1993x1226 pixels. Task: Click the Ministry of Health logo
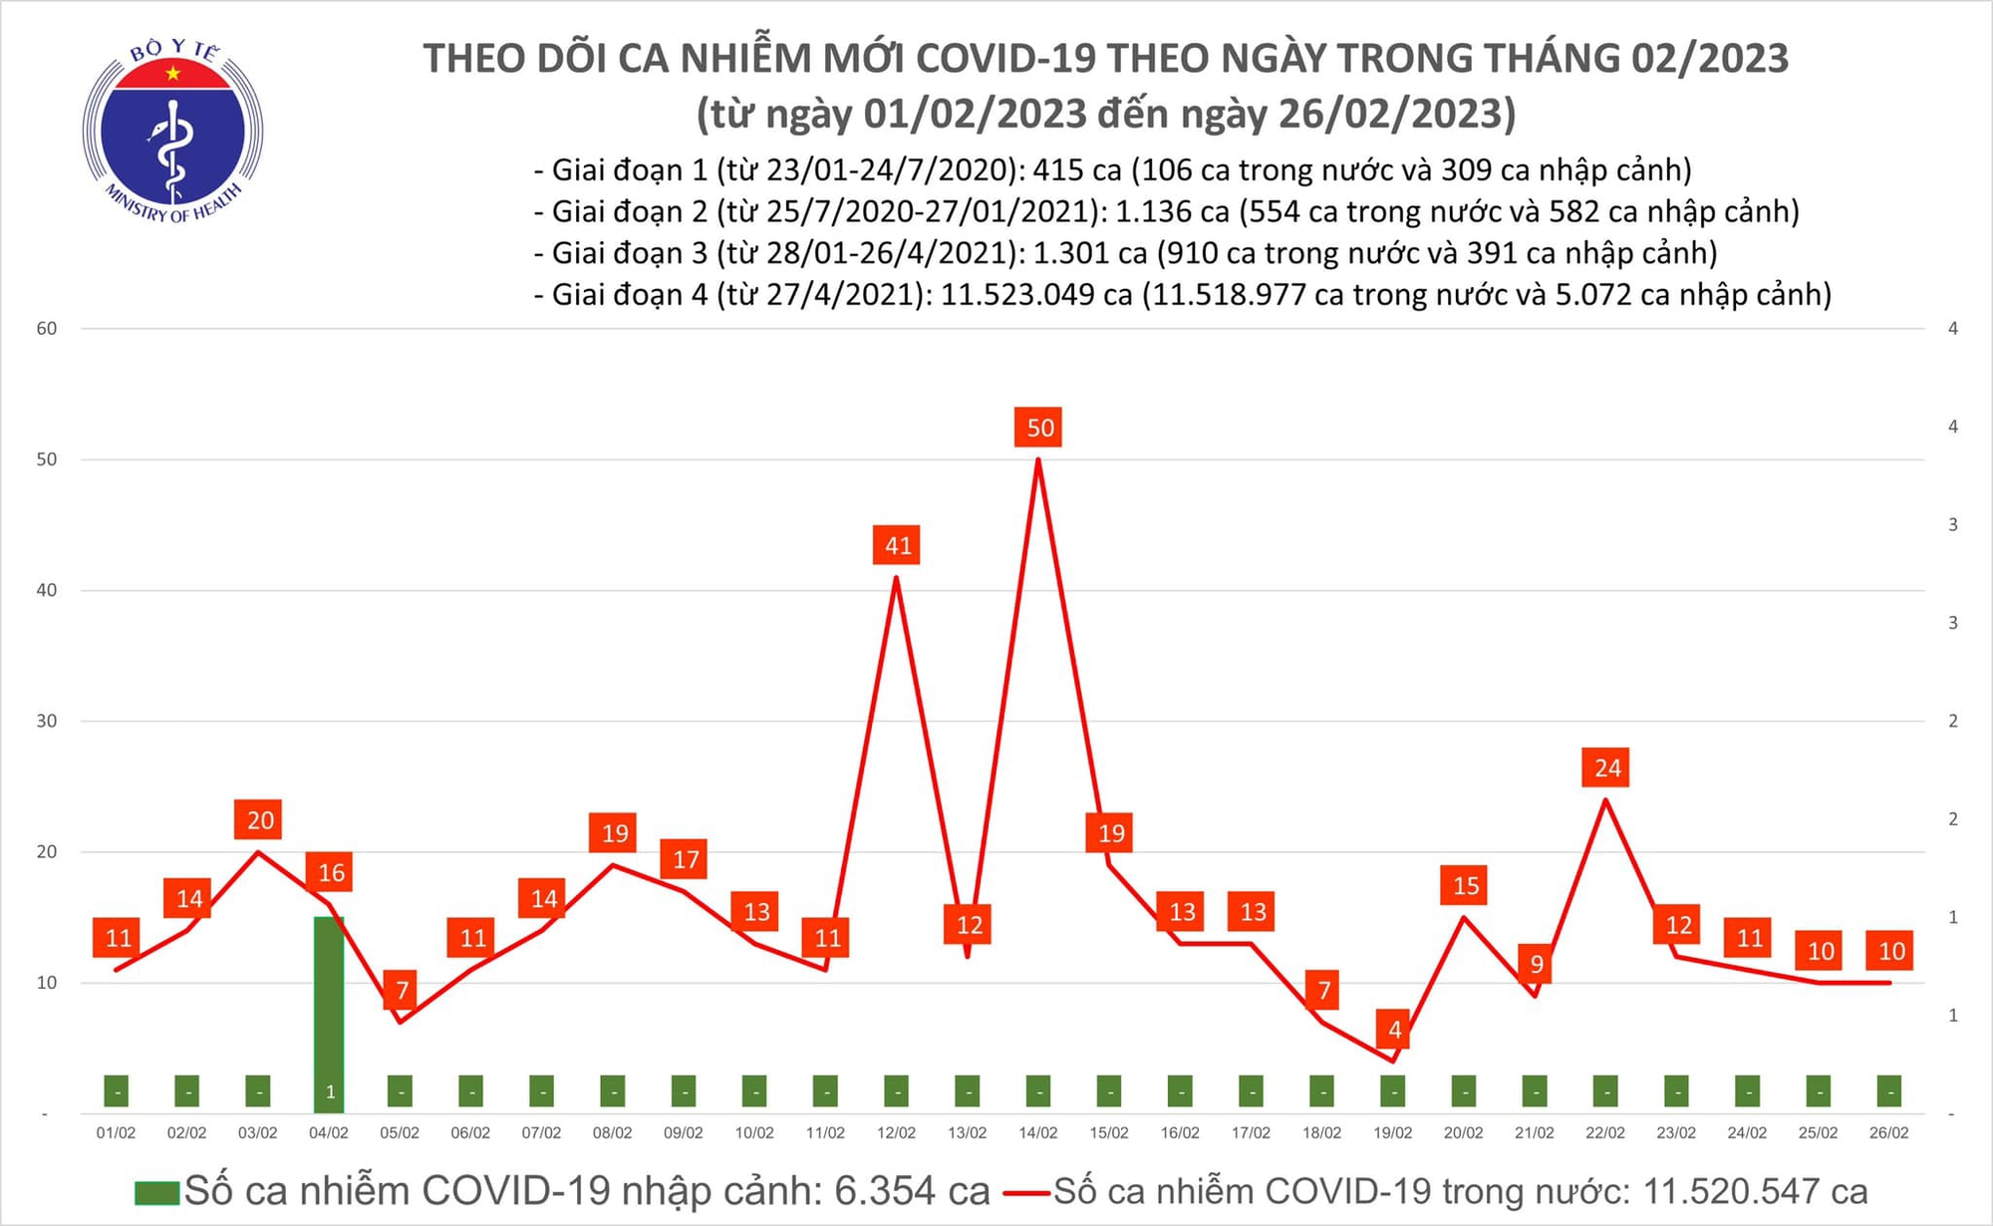coord(172,131)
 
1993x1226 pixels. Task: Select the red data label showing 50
coord(1039,428)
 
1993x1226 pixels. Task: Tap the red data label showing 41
coord(897,545)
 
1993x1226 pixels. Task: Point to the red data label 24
coord(1606,767)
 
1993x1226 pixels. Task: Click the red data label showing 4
coord(1393,1029)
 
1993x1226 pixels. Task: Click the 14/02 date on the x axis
coord(1038,1133)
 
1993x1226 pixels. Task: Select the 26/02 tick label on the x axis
coord(1888,1133)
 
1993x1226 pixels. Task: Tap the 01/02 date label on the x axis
coord(116,1133)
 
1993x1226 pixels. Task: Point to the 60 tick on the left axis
coord(47,329)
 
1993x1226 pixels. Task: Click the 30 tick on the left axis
coord(47,721)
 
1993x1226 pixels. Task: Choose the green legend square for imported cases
coord(156,1192)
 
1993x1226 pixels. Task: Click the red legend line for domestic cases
coord(1026,1192)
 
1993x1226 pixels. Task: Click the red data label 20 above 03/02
coord(259,820)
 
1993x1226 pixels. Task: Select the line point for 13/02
coord(968,957)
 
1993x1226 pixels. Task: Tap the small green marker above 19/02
coord(1393,1091)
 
